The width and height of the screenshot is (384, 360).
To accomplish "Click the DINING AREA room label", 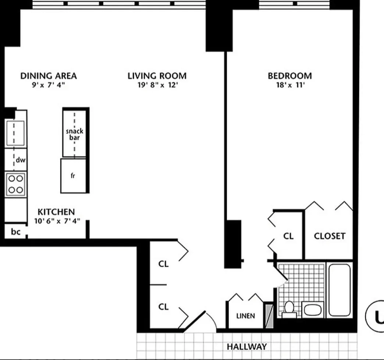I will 49,76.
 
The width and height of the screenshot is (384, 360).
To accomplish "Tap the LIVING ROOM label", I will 157,76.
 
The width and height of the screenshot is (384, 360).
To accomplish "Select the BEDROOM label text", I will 290,76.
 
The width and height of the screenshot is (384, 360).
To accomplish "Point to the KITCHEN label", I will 56,212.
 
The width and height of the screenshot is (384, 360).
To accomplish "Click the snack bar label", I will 75,134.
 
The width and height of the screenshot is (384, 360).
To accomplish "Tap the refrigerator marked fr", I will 73,176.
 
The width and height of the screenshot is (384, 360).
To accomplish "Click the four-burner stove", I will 16,184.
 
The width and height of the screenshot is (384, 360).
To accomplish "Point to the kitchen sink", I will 15,133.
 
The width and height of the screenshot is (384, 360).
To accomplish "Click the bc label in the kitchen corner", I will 15,232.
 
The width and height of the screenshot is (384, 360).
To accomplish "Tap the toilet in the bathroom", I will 289,308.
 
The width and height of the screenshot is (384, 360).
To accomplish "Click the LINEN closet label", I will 245,316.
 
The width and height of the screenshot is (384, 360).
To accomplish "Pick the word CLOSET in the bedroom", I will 330,236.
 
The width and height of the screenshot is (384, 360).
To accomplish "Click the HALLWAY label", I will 246,346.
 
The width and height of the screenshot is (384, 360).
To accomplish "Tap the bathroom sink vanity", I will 313,309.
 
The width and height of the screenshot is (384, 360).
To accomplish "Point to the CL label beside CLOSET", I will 288,236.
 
